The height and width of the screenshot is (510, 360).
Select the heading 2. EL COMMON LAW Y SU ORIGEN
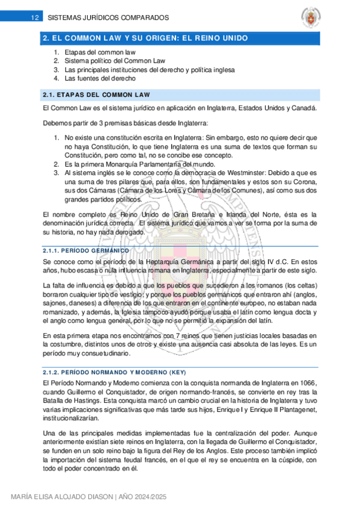(x=144, y=38)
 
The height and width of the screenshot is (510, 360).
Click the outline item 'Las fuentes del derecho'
(x=100, y=78)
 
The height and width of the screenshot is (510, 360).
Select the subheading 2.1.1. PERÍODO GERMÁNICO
(x=87, y=250)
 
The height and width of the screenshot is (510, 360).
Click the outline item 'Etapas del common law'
(x=100, y=52)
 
